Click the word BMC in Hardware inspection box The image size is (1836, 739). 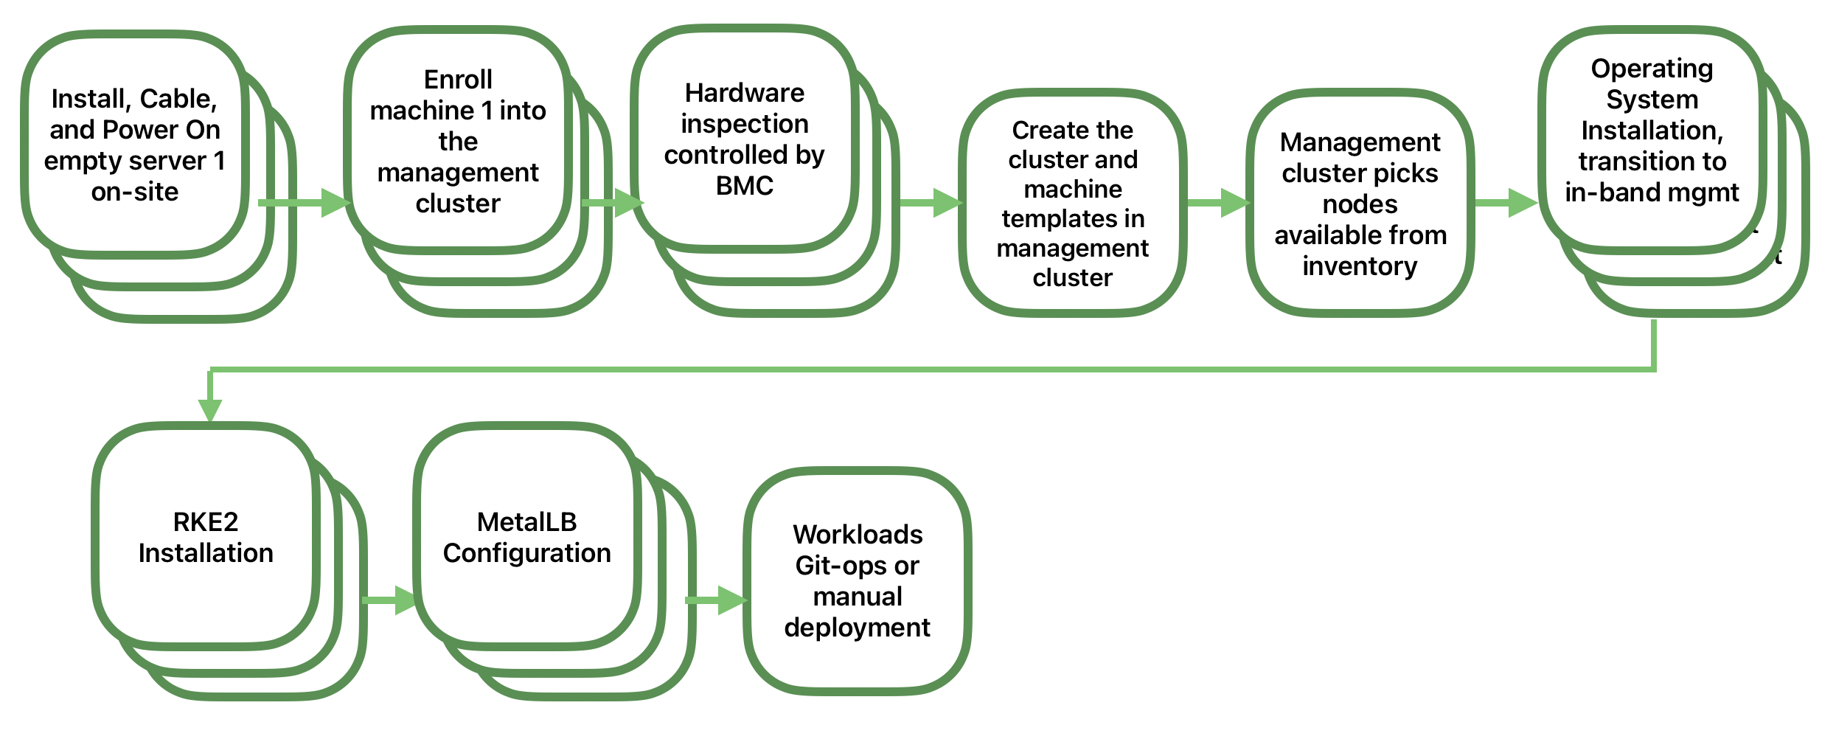(744, 186)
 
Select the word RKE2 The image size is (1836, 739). (206, 522)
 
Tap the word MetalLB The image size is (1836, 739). (526, 522)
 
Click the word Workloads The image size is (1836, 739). (858, 534)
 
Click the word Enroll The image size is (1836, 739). (458, 80)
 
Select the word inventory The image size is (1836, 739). (1360, 266)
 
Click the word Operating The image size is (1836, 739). (1652, 69)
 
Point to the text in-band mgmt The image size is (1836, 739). (1652, 192)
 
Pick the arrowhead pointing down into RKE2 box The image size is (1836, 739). (210, 409)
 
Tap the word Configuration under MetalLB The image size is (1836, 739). (526, 553)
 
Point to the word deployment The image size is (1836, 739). (857, 628)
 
